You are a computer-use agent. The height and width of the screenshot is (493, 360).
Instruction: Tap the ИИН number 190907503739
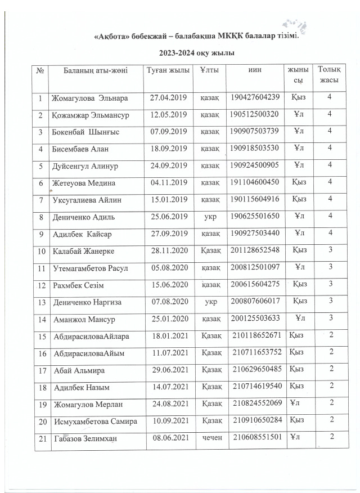click(x=255, y=132)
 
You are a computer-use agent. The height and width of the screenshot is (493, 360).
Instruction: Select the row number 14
click(x=40, y=320)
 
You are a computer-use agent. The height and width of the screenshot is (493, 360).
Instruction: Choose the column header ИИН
click(x=254, y=70)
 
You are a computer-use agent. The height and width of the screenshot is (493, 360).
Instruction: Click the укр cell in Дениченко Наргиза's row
click(x=209, y=302)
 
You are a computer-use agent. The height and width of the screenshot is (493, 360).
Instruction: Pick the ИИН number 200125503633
click(x=255, y=320)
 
